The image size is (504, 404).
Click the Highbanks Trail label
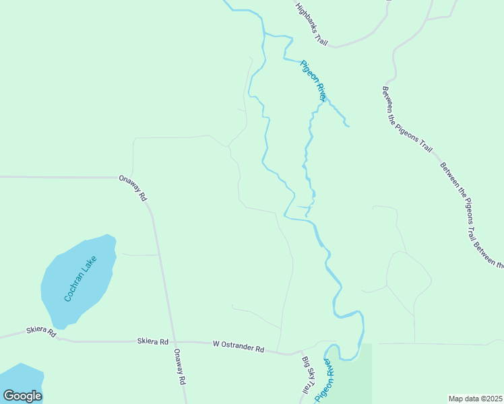311,24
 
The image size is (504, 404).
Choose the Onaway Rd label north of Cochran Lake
132,188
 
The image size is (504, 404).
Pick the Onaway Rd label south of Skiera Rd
179,366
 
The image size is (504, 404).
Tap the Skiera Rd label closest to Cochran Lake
40,331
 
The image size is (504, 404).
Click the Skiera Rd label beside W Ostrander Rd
152,341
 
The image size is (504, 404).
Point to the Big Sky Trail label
307,376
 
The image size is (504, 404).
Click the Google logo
22,396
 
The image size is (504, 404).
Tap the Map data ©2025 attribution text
475,399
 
